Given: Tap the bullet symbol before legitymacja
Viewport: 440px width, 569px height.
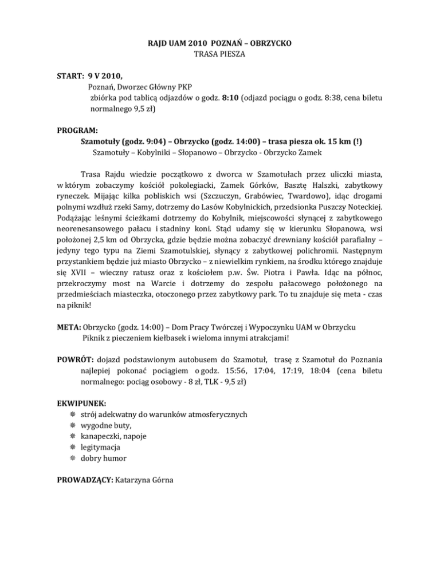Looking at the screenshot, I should click(x=71, y=447).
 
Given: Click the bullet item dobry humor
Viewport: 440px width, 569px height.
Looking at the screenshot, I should click(x=103, y=458).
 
